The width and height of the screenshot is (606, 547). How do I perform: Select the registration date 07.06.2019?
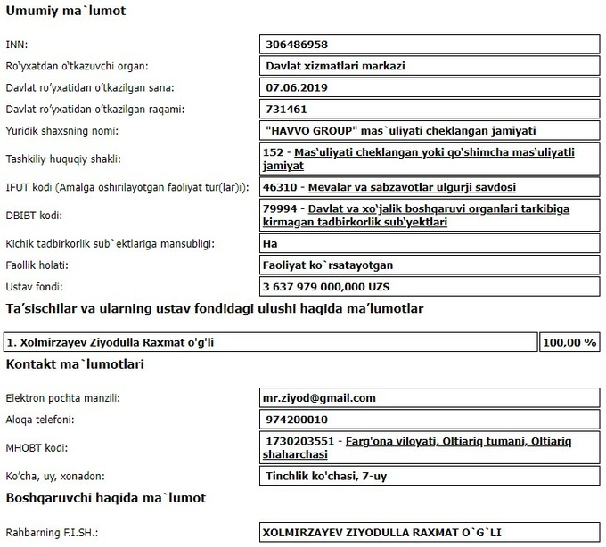(297, 87)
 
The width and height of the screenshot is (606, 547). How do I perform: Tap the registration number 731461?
(287, 109)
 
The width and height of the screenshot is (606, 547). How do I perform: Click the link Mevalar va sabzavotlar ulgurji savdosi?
(412, 187)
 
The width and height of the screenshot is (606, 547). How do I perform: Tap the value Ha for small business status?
(272, 243)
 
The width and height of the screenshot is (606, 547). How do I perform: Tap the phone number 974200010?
(297, 419)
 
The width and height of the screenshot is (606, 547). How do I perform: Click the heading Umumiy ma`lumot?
(66, 12)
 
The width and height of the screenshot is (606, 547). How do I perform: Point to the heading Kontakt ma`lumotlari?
(75, 364)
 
